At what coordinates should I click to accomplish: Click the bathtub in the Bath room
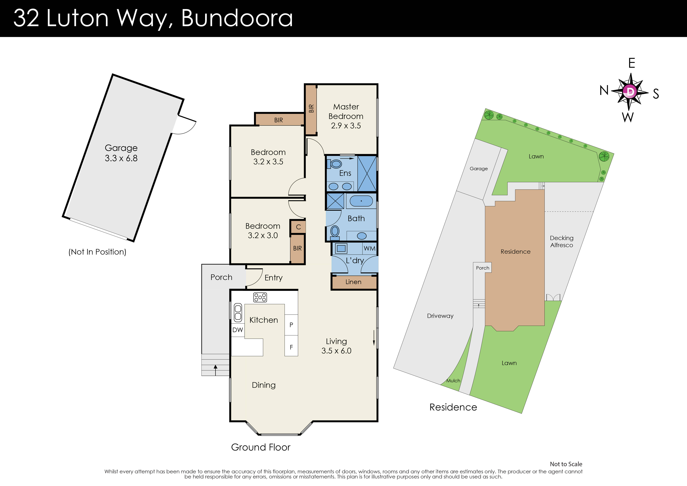click(x=361, y=201)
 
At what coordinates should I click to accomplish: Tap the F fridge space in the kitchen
click(x=291, y=347)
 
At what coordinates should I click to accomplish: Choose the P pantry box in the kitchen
click(x=291, y=325)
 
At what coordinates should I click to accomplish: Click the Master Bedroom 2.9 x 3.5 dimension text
click(x=346, y=126)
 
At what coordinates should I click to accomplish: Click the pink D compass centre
click(x=630, y=91)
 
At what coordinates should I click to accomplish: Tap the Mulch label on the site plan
click(x=453, y=381)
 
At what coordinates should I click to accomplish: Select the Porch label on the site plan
click(x=482, y=268)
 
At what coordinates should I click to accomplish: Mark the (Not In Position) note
click(x=97, y=252)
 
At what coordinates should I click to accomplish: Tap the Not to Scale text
click(x=566, y=464)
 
